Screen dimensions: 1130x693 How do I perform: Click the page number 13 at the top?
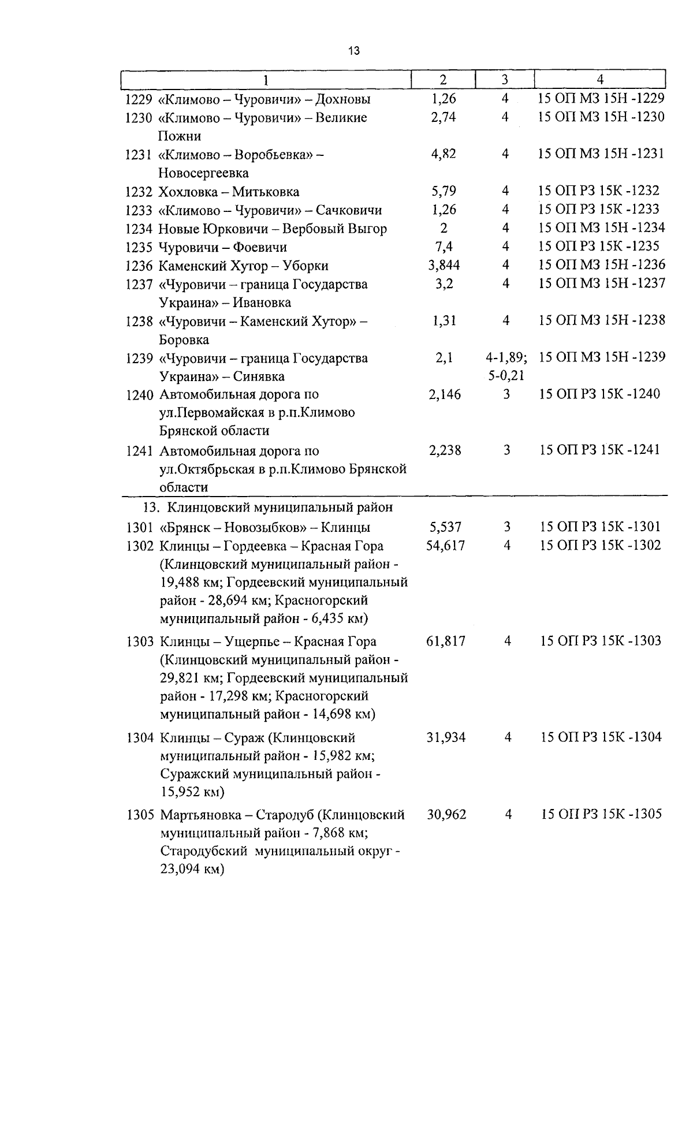[354, 51]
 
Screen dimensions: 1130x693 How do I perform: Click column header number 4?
[600, 80]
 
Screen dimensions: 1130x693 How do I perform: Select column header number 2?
[443, 80]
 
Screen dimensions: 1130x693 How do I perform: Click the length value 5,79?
[444, 191]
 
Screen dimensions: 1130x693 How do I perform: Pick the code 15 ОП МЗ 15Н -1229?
[601, 99]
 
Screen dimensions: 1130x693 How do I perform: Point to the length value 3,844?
[444, 265]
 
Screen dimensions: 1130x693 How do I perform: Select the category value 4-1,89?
[506, 358]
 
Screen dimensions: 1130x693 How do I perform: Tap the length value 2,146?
[445, 394]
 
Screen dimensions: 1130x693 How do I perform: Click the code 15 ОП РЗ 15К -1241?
[599, 450]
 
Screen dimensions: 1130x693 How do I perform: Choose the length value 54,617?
[445, 546]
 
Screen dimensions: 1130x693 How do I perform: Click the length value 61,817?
[445, 641]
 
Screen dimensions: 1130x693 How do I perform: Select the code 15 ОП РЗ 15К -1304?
[601, 737]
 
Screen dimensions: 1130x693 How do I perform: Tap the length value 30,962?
[446, 815]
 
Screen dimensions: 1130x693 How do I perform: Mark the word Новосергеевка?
[204, 173]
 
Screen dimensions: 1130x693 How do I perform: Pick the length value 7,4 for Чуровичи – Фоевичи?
[444, 247]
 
